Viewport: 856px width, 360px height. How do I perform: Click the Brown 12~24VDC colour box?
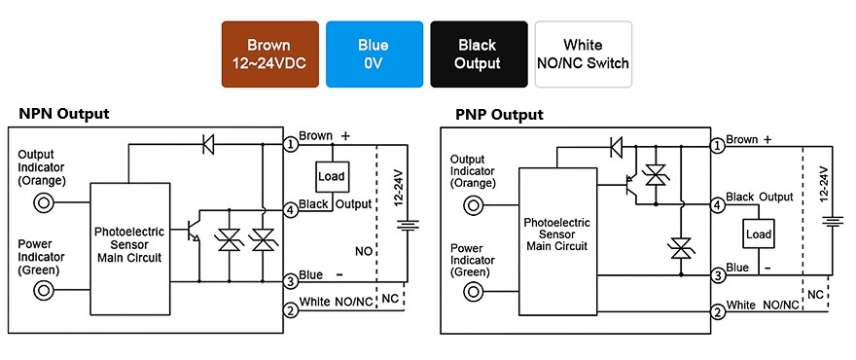tap(268, 54)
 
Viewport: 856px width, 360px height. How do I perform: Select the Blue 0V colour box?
tap(373, 54)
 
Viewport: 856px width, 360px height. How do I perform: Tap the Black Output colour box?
tap(479, 54)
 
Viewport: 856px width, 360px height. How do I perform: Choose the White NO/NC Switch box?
tap(583, 54)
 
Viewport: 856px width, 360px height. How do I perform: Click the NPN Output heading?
tap(64, 114)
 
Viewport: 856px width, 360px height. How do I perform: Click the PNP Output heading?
tap(499, 115)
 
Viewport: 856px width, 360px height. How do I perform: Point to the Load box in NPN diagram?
tap(333, 177)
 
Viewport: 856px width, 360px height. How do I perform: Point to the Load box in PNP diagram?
tap(758, 234)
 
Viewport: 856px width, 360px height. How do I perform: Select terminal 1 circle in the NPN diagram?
tap(290, 145)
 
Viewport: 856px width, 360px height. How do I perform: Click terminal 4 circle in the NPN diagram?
tap(290, 209)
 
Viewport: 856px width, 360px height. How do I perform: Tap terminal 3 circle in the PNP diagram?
tap(718, 276)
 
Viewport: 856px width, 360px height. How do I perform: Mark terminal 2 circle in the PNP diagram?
tap(718, 312)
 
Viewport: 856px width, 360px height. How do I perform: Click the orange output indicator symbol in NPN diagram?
tap(44, 202)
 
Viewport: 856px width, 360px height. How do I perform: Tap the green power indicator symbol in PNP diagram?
tap(474, 291)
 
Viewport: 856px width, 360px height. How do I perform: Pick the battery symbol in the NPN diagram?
tap(410, 226)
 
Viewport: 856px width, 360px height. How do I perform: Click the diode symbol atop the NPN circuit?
tap(207, 145)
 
